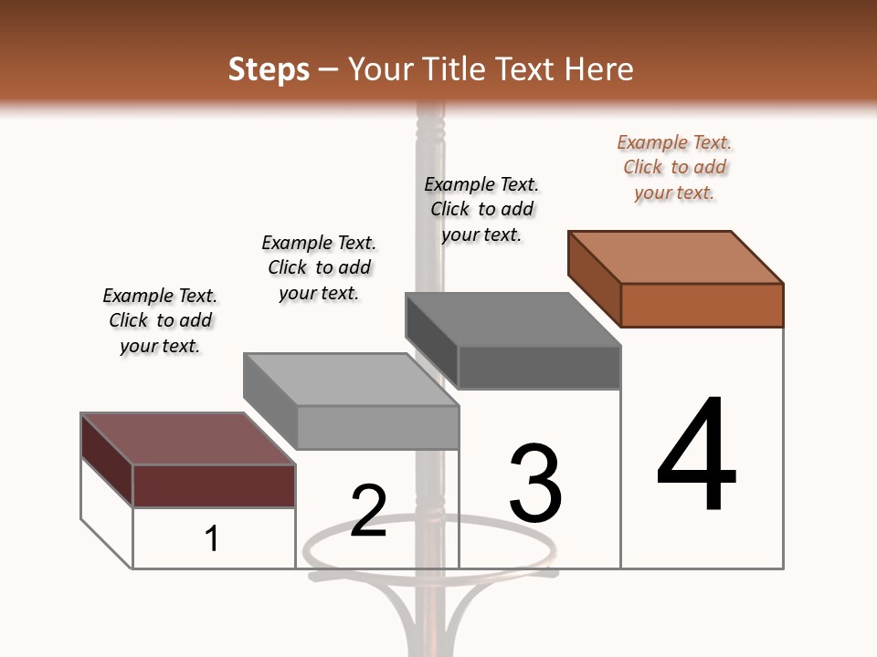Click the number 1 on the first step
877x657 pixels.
tap(212, 538)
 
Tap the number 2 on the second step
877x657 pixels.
tap(368, 510)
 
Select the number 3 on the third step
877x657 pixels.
tap(535, 483)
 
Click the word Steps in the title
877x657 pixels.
tap(269, 69)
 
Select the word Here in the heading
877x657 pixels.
tap(599, 69)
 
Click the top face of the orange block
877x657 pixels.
tap(676, 257)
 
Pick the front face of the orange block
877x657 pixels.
tap(702, 305)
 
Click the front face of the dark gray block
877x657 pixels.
tap(539, 367)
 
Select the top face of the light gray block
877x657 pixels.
tap(351, 380)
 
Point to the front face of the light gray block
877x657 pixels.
tap(377, 427)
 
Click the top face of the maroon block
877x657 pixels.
tap(188, 439)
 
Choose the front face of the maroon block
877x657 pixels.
tap(215, 485)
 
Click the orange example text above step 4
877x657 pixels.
tap(674, 167)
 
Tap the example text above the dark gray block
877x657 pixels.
tap(481, 209)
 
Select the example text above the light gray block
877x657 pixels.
tap(319, 267)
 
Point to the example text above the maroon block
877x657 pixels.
tap(160, 320)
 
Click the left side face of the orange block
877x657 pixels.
tap(594, 278)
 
